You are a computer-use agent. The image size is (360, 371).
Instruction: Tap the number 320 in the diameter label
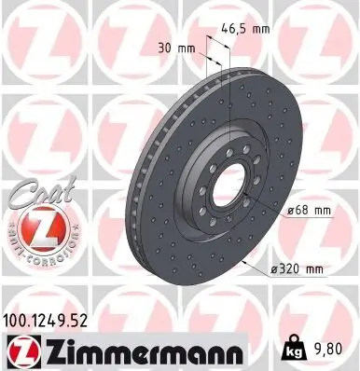tap(288, 268)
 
